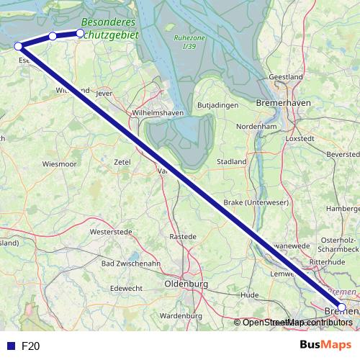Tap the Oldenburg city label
point(186,284)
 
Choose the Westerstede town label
point(111,232)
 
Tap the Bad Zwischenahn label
point(130,264)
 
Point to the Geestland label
point(286,76)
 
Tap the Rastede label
point(182,236)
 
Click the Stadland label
point(232,162)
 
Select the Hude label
point(250,295)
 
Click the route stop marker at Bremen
point(341,307)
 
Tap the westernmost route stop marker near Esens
point(19,46)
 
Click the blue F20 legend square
point(10,346)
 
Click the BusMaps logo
point(325,345)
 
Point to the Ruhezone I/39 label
point(189,42)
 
